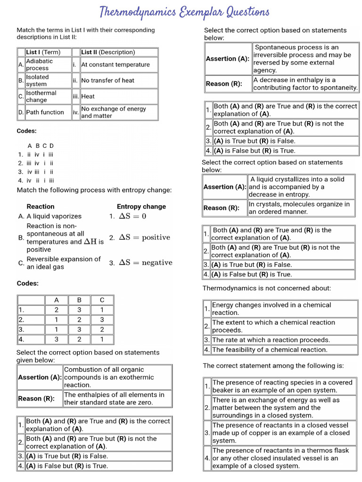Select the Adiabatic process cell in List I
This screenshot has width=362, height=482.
pos(40,64)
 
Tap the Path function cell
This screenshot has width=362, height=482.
pos(45,112)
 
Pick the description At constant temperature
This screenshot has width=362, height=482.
pos(115,64)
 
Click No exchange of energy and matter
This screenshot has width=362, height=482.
pos(114,112)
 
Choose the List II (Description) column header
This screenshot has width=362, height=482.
pos(108,52)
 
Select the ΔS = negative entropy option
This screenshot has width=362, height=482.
pos(145,263)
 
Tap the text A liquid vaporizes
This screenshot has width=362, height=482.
pos(54,216)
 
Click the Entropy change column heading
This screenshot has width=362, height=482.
pos(141,206)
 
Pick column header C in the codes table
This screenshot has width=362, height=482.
pos(102,300)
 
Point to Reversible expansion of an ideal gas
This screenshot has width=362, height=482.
pos(64,263)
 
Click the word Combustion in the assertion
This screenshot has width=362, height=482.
pos(84,370)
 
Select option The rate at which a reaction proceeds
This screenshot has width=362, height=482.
pos(271,340)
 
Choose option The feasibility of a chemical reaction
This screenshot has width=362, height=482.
pos(270,350)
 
